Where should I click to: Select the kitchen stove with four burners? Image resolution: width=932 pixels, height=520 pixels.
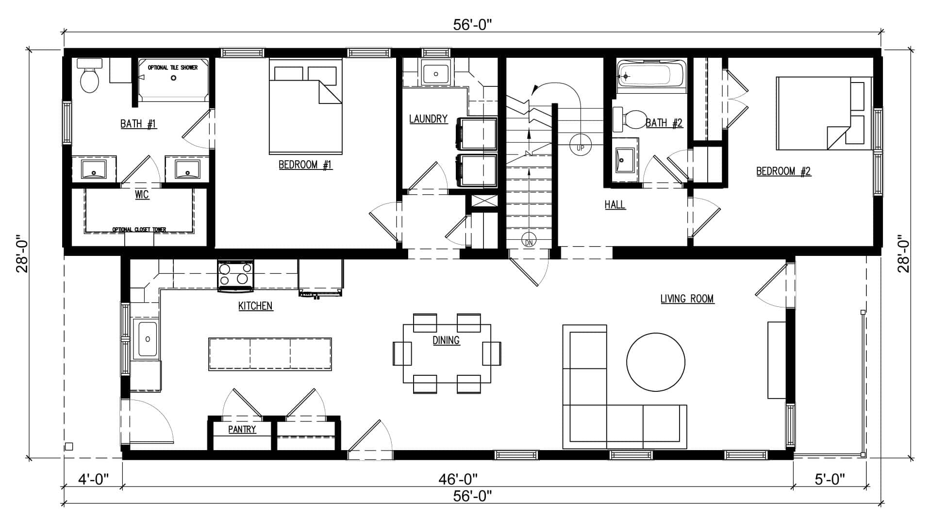tap(236, 276)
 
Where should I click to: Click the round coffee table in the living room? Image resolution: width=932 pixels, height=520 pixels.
tap(656, 362)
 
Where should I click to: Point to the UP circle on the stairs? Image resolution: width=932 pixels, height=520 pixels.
tap(580, 147)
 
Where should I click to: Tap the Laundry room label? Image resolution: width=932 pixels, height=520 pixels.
tap(428, 118)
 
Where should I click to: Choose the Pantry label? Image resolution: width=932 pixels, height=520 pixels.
tap(242, 429)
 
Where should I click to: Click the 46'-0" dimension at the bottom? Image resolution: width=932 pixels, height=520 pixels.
tap(458, 479)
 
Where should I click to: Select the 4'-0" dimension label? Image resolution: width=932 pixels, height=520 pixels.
tap(93, 479)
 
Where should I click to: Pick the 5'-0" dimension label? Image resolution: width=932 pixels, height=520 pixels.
tap(830, 479)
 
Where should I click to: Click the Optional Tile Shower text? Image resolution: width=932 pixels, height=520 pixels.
tap(173, 67)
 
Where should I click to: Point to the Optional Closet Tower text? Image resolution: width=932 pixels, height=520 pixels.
tap(139, 230)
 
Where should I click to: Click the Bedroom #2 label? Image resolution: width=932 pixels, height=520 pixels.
tap(783, 171)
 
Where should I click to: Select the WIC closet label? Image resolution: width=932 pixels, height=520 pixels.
tap(142, 195)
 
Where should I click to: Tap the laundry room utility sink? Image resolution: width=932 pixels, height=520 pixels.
tap(436, 73)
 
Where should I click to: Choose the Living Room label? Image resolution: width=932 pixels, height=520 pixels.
tap(687, 299)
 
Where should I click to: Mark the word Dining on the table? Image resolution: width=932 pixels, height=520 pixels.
tap(446, 340)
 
